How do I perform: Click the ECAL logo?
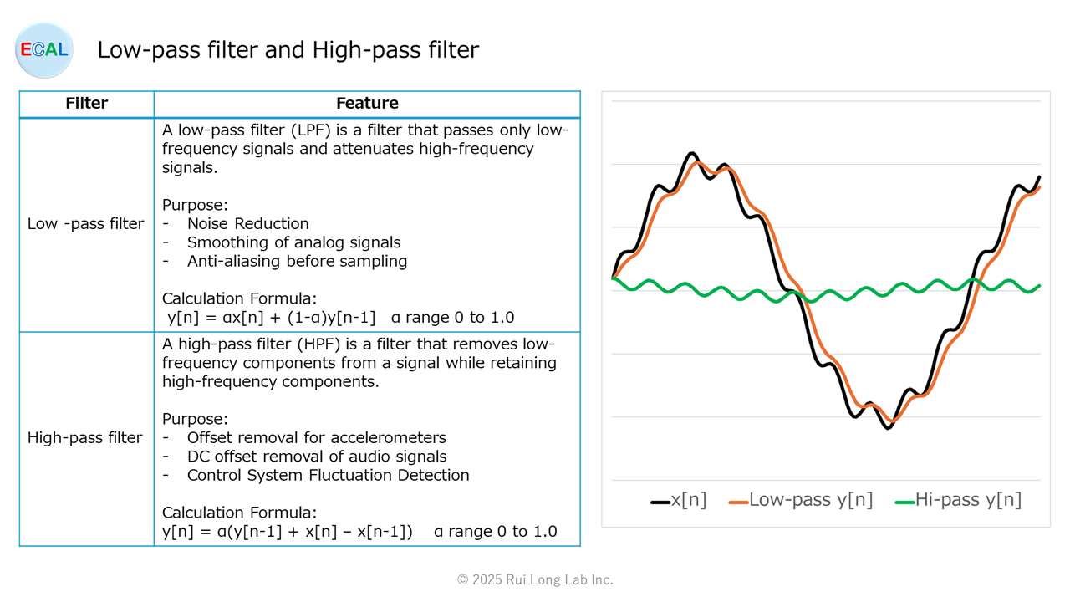pos(44,49)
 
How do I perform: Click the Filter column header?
pos(86,103)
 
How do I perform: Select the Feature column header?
pos(367,103)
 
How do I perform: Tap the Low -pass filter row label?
pos(85,223)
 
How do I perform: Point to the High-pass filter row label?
pos(84,437)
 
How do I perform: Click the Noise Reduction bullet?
pos(248,223)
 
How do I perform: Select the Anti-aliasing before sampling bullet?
pos(297,262)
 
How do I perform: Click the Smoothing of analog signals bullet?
pos(293,242)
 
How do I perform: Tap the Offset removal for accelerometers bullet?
pos(316,437)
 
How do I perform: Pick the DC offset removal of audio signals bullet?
pos(317,457)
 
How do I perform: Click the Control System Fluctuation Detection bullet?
pos(329,475)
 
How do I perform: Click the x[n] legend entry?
pos(678,500)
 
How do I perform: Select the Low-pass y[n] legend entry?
pos(801,500)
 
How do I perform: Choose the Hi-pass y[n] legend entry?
pos(958,500)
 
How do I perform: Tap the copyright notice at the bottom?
pos(535,579)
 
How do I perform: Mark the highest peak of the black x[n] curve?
pos(691,153)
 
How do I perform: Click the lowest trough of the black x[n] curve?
pos(888,428)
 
